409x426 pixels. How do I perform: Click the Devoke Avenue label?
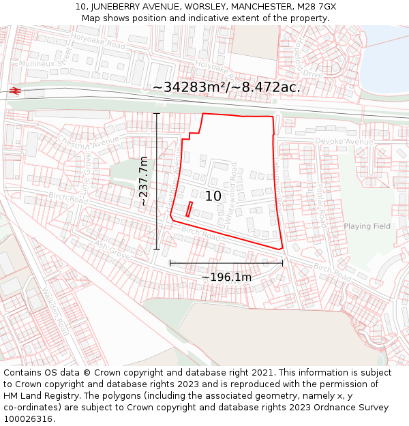tap(344, 141)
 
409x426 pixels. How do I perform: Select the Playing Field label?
tap(367, 226)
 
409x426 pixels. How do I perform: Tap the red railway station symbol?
tap(15, 91)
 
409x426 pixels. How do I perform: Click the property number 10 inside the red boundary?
tap(213, 196)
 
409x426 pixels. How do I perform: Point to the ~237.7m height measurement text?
tap(144, 181)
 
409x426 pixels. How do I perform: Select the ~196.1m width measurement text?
tap(226, 277)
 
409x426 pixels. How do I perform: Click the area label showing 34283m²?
tap(225, 88)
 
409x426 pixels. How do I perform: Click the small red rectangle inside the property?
tap(189, 209)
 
